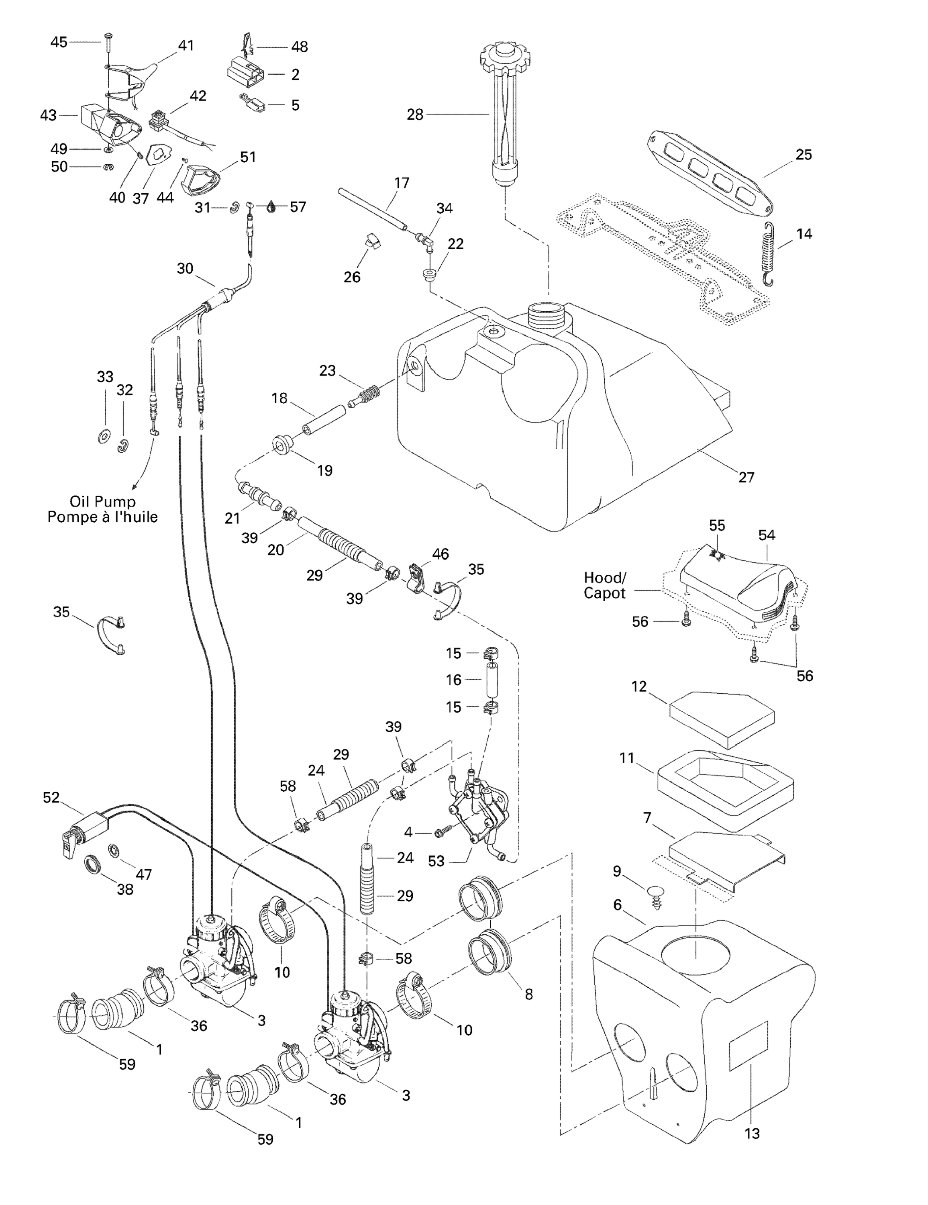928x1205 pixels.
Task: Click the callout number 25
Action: click(x=803, y=155)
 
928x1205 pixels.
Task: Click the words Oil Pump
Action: click(x=103, y=502)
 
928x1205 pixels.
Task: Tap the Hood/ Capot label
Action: click(x=605, y=585)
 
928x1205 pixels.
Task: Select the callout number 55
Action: click(x=717, y=525)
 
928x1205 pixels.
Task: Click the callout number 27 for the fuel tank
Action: click(x=746, y=477)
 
